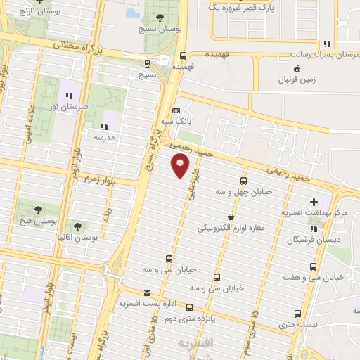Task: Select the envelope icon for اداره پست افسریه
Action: [x=147, y=293]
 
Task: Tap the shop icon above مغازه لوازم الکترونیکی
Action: [x=231, y=217]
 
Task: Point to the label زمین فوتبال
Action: [x=297, y=80]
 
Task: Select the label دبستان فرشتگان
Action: [x=319, y=239]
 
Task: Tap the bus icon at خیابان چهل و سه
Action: [x=244, y=180]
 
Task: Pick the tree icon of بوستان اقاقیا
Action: [x=77, y=226]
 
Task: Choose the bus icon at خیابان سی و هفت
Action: [x=313, y=266]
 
